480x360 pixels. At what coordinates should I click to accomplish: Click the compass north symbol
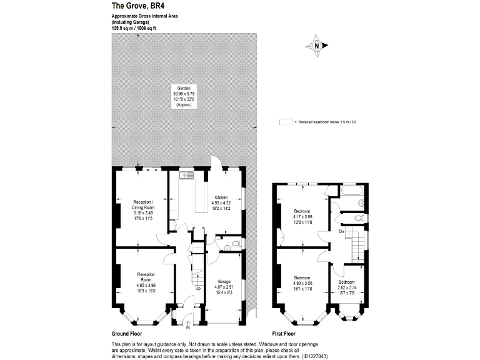pos(317,45)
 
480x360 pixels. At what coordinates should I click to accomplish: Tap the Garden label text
pos(183,88)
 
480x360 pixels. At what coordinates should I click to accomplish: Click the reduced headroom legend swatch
pos(285,123)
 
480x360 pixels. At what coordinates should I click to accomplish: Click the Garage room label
pos(224,282)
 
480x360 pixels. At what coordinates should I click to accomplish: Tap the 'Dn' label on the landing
pos(341,232)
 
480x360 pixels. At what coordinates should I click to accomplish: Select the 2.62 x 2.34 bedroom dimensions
pos(347,287)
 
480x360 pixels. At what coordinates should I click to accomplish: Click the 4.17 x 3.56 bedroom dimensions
pos(302,217)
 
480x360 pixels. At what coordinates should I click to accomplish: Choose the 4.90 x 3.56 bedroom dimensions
pos(302,282)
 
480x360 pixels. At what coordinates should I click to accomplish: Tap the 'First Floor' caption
pos(287,334)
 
